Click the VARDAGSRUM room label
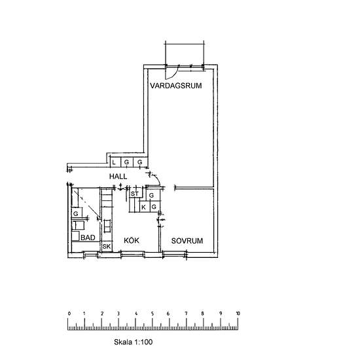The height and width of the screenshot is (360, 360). [x=176, y=86]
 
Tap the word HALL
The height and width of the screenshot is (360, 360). [x=118, y=176]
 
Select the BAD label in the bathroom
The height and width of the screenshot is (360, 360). [x=88, y=238]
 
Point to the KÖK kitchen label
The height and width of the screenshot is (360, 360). [x=132, y=240]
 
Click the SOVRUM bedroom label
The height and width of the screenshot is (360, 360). [x=187, y=241]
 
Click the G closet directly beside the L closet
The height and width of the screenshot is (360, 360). [x=127, y=162]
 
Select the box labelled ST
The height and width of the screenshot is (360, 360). [x=135, y=194]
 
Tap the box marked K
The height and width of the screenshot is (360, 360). [x=145, y=207]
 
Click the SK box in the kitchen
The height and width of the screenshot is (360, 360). [x=107, y=247]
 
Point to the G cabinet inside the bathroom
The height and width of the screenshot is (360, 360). [x=77, y=213]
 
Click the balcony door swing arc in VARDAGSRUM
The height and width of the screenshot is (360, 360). [x=174, y=74]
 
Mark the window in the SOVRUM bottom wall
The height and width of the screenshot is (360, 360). [x=175, y=255]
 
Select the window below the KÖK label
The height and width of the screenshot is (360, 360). [x=133, y=255]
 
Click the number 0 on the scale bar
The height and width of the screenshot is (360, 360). [x=69, y=314]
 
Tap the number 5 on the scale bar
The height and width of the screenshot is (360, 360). [x=153, y=314]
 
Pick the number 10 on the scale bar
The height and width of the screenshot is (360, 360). [x=238, y=314]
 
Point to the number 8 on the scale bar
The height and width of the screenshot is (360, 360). [x=202, y=314]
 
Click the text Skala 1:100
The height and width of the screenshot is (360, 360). [x=133, y=342]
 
